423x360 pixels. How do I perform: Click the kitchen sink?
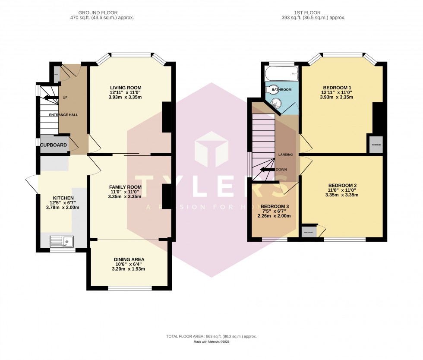(x=62, y=241)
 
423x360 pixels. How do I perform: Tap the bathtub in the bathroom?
(x=282, y=73)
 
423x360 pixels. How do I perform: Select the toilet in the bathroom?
(x=273, y=90)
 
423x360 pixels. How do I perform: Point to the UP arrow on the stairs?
(x=51, y=98)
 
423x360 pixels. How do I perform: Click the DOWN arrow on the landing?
(x=268, y=170)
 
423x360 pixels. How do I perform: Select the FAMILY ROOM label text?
(x=125, y=187)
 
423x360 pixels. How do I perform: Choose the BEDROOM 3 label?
(x=275, y=206)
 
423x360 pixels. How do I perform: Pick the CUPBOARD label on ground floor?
(x=54, y=145)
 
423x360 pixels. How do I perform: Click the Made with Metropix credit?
(x=211, y=342)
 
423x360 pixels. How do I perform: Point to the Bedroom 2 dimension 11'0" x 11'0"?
(x=342, y=190)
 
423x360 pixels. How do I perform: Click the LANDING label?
(x=285, y=155)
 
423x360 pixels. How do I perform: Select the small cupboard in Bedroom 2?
(x=309, y=232)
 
